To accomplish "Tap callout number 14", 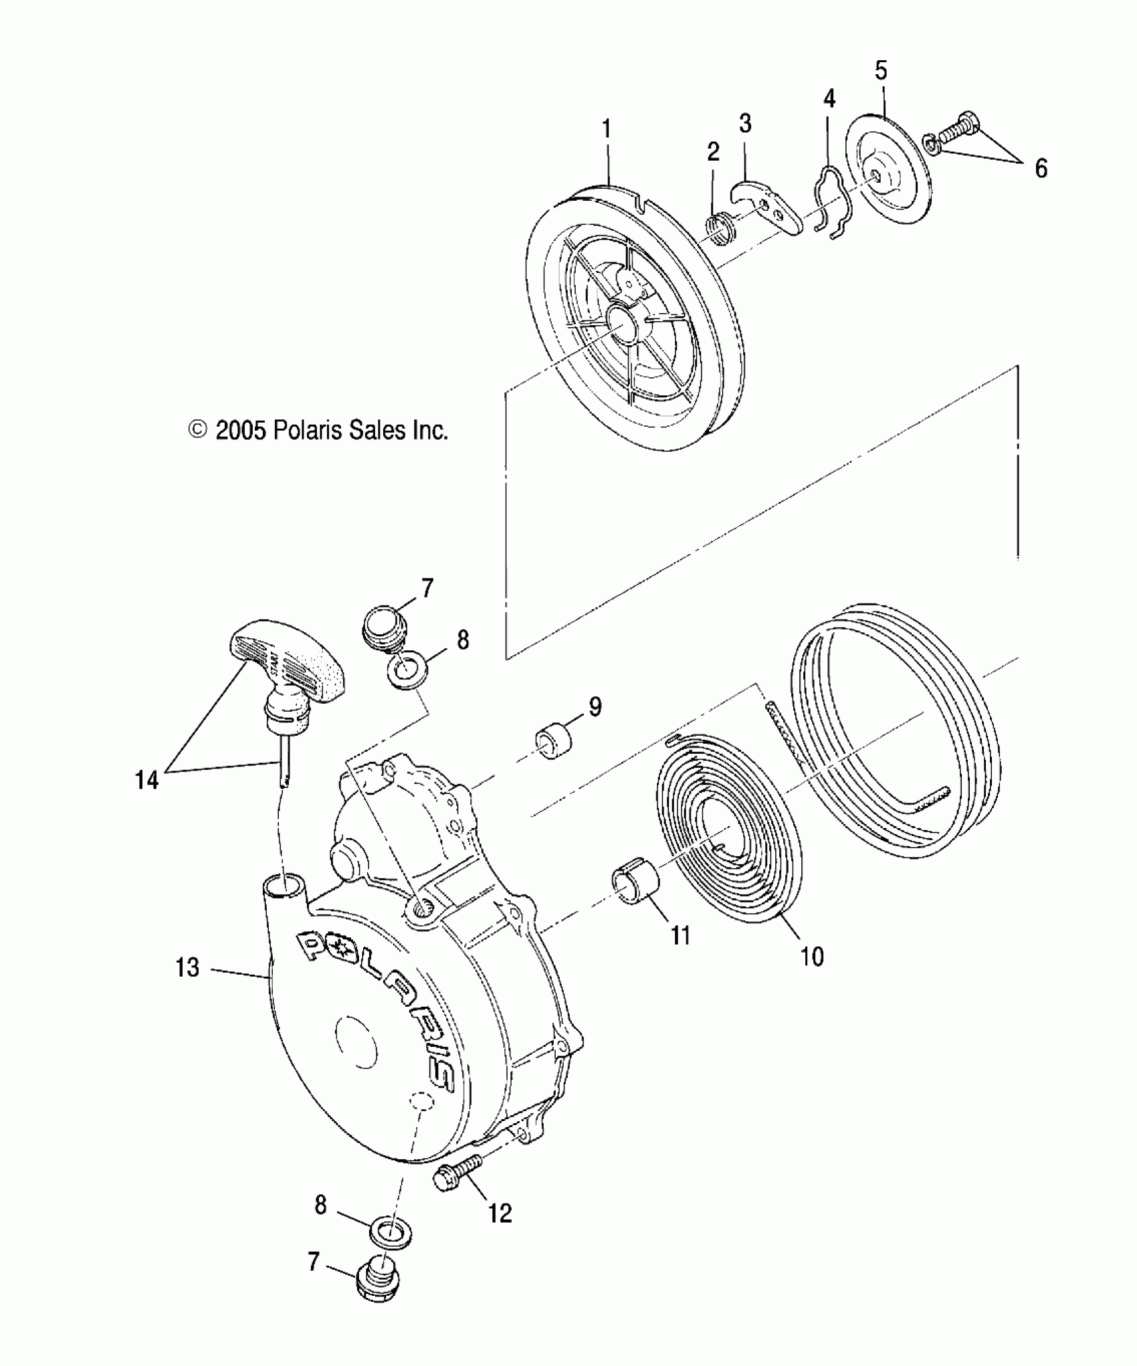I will (x=148, y=779).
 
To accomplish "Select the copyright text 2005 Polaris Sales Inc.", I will (x=318, y=430).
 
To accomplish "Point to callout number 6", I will (x=1041, y=169).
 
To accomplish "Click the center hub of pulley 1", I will (x=623, y=322).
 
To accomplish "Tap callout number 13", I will (x=187, y=968).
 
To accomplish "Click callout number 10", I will (x=812, y=957).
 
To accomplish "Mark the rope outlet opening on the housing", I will (x=285, y=888).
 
